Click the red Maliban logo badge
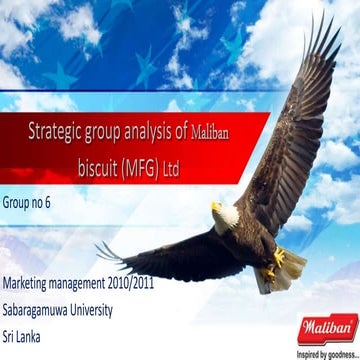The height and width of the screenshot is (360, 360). (x=326, y=327)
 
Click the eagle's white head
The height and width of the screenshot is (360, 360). (x=228, y=213)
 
